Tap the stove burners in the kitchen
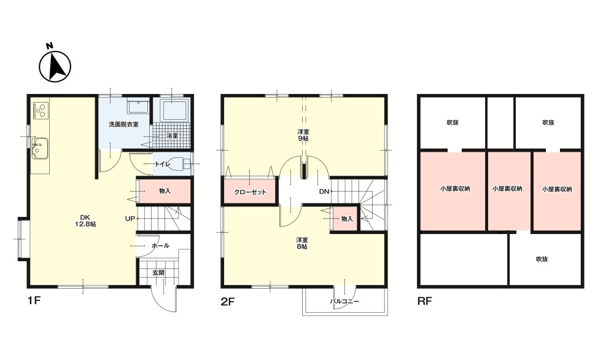pos(41,110)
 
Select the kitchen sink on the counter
pos(39,149)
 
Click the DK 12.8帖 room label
pos(85,221)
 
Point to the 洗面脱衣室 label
pos(123,125)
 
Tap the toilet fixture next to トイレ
pos(182,164)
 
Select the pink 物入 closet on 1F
pos(165,191)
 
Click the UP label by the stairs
pos(130,219)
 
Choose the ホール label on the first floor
pos(160,246)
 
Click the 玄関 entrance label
pos(158,273)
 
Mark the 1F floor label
pos(34,300)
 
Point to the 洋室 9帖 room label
pos(303,135)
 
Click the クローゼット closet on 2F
pos(251,192)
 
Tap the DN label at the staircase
pos(324,192)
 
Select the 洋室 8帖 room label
pos(301,243)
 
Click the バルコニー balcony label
pos(344,302)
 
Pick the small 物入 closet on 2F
pos(346,219)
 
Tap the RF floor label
pos(425,301)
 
